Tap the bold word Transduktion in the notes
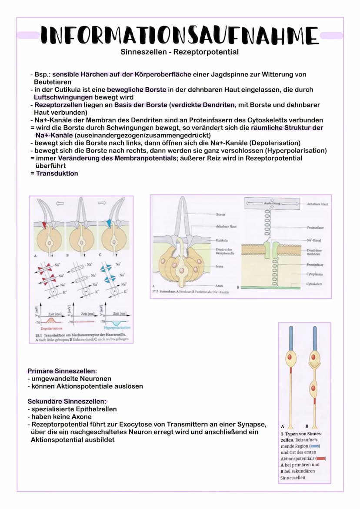click(x=57, y=173)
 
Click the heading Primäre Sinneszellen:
click(x=62, y=371)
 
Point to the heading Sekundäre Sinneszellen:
click(x=67, y=401)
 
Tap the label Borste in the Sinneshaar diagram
click(x=220, y=214)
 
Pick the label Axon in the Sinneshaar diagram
click(x=220, y=286)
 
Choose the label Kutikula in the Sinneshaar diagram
click(x=222, y=240)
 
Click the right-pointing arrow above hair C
click(x=102, y=203)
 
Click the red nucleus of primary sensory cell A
click(x=290, y=358)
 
